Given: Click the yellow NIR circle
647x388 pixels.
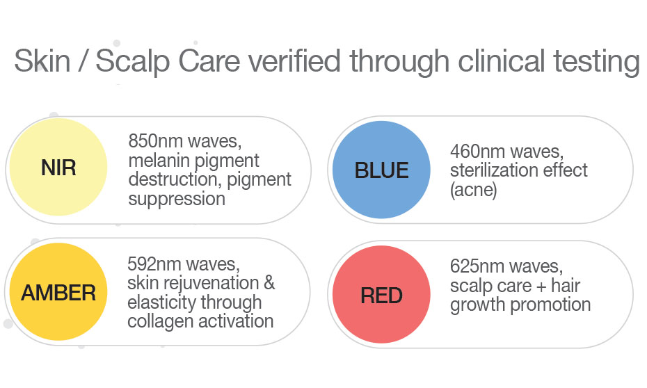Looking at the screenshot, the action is tap(58, 167).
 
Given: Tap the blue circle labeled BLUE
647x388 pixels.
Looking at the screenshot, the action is tap(381, 170).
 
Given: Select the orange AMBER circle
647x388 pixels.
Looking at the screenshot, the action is tap(58, 292).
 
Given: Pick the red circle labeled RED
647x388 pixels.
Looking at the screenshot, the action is tap(381, 294).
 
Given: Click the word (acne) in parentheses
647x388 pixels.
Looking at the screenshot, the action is tap(473, 190).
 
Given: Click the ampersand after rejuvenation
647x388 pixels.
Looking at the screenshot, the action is tap(269, 283).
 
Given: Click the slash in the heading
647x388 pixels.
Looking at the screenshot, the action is tap(83, 60).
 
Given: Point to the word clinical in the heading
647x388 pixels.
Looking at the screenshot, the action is tap(502, 61).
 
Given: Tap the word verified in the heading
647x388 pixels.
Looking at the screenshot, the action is tap(294, 61).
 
